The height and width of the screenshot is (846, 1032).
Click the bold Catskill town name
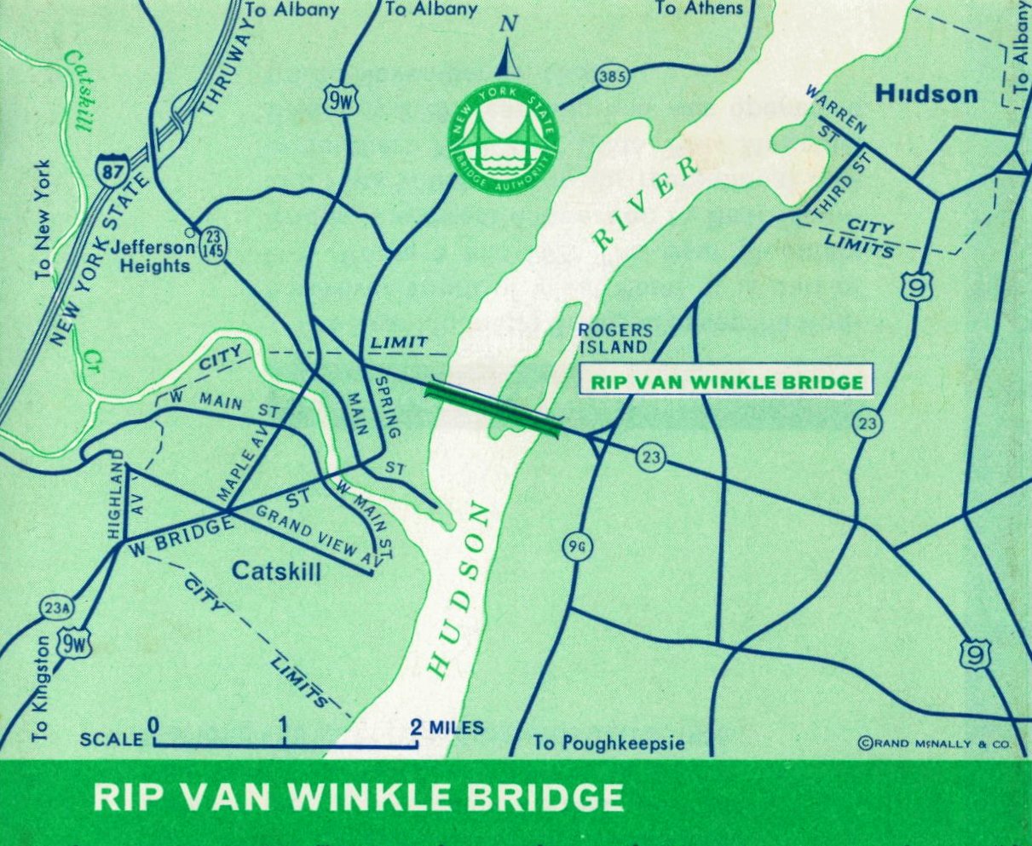276,571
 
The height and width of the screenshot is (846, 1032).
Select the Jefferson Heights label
153,256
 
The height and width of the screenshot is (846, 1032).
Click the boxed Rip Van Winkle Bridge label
727,381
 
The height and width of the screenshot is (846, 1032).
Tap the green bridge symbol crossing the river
493,406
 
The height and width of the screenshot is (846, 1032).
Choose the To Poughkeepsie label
609,744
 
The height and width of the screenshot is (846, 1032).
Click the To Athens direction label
699,9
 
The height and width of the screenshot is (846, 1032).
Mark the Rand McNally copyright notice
934,744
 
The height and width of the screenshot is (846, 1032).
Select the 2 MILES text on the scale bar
447,728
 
